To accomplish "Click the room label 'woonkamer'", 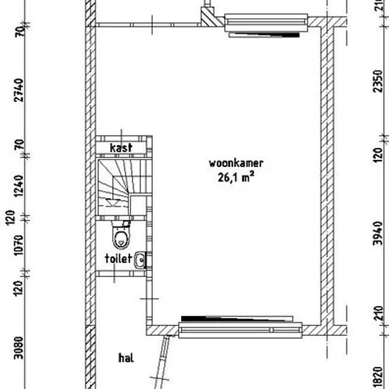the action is pos(236,163).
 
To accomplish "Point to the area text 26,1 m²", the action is pos(236,177).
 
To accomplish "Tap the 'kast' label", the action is pos(121,148).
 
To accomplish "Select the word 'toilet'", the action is pos(118,258).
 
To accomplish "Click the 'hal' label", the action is pos(127,358).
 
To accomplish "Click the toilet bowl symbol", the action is pos(122,235).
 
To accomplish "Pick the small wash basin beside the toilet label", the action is pos(139,260).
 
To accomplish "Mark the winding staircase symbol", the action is pos(124,187).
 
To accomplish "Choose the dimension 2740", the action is pos(19,91).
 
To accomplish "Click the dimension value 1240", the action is pos(19,186).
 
